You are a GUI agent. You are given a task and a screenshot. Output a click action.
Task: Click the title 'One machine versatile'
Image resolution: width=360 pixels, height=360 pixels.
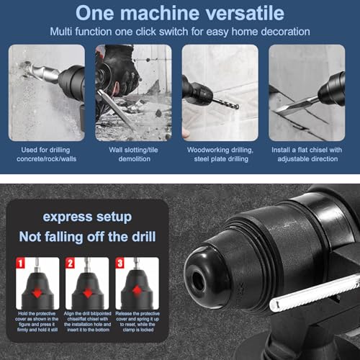[x=179, y=13]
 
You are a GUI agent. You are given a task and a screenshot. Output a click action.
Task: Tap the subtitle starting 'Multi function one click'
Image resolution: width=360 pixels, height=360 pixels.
[x=179, y=32]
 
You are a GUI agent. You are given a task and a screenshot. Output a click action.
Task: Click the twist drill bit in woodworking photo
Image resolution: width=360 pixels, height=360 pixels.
[x=226, y=102]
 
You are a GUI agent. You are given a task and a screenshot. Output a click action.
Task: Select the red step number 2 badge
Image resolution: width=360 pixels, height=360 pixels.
[x=71, y=263]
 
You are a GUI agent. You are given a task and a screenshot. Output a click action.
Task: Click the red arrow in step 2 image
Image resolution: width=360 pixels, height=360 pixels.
[x=88, y=293]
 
